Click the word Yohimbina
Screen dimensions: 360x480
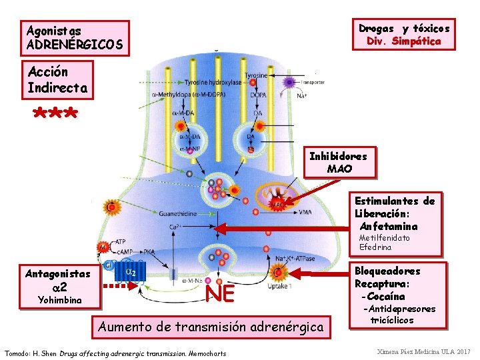(55, 300)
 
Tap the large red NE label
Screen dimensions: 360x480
(220, 293)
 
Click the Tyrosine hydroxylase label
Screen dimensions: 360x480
(213, 83)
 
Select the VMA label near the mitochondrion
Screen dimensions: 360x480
(305, 212)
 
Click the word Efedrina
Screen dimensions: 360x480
(375, 247)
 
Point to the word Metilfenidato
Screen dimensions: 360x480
(385, 238)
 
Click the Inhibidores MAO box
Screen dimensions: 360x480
(338, 162)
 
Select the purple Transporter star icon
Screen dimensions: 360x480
(289, 83)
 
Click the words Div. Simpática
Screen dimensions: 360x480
(404, 41)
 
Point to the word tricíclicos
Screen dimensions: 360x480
(392, 321)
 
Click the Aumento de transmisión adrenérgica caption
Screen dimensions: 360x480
(211, 327)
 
